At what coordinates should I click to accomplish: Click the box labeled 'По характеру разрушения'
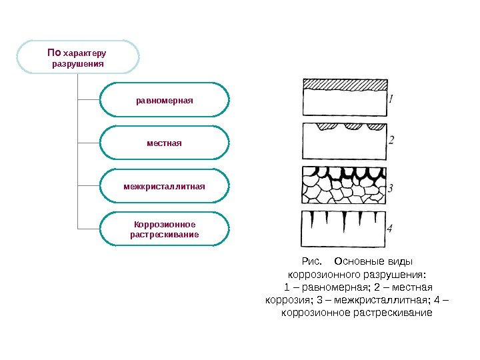coord(78,57)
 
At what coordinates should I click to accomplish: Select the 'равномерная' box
coord(164,100)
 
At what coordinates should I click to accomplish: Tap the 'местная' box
coord(164,143)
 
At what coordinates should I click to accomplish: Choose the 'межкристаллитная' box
coord(164,185)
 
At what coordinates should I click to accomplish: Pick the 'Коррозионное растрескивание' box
coord(164,229)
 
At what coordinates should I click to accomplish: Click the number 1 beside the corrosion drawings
coord(391,99)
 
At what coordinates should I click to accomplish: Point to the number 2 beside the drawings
coord(391,140)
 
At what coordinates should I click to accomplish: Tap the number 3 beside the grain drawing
coord(391,188)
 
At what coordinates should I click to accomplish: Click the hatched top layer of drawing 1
coord(345,85)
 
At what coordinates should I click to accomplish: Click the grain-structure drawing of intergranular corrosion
coord(344,185)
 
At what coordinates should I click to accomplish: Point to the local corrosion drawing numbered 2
coord(344,138)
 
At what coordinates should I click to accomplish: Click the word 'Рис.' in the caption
coord(311,261)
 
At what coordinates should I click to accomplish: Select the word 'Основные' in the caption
coord(359,261)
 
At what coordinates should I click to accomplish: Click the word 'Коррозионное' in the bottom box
coord(164,223)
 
